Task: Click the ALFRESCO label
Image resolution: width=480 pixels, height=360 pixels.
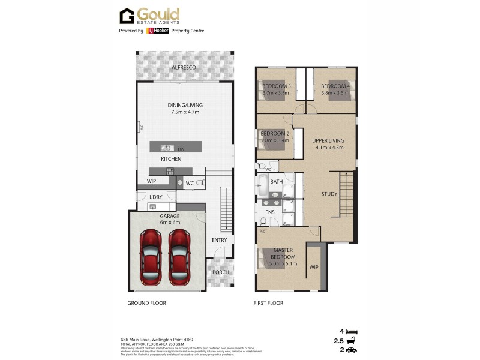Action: [x=184, y=68]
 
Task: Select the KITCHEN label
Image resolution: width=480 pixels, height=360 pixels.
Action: [x=171, y=159]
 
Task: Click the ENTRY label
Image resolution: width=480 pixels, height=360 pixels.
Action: [x=219, y=240]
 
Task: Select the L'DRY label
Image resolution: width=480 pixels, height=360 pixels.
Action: [x=156, y=197]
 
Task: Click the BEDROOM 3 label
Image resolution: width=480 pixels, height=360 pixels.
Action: [x=276, y=86]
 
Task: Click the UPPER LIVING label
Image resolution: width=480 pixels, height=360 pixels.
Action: [x=328, y=140]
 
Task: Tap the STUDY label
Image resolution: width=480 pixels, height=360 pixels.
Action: [x=329, y=194]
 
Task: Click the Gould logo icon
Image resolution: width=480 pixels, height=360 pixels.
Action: [x=127, y=16]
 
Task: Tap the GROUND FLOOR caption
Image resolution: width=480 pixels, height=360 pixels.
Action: [x=146, y=303]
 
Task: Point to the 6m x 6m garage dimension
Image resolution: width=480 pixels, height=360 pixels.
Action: [x=170, y=223]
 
